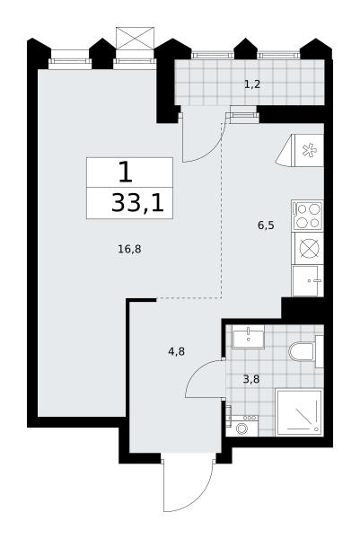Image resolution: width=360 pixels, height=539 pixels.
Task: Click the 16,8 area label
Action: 129,249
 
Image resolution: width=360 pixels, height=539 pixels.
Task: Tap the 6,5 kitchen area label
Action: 266,225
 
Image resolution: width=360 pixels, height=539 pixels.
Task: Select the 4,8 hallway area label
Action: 177,351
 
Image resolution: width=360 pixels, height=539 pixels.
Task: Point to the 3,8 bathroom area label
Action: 251,379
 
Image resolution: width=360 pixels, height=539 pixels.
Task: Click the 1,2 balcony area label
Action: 252,84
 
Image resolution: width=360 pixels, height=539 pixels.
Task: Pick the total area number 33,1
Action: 137,203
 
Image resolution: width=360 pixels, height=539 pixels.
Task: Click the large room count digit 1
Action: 126,172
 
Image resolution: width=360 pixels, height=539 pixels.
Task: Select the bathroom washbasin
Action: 248,337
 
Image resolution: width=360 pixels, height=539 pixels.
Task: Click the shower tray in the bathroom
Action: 299,411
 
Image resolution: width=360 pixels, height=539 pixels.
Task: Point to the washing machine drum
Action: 241,429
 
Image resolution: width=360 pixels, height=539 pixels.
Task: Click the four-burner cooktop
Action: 307,216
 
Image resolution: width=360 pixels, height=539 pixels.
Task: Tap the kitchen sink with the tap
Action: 308,281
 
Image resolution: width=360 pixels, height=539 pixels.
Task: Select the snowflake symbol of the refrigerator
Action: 309,151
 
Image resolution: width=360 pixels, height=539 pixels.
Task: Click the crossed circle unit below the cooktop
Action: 307,248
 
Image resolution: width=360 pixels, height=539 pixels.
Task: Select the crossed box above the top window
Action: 135,38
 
